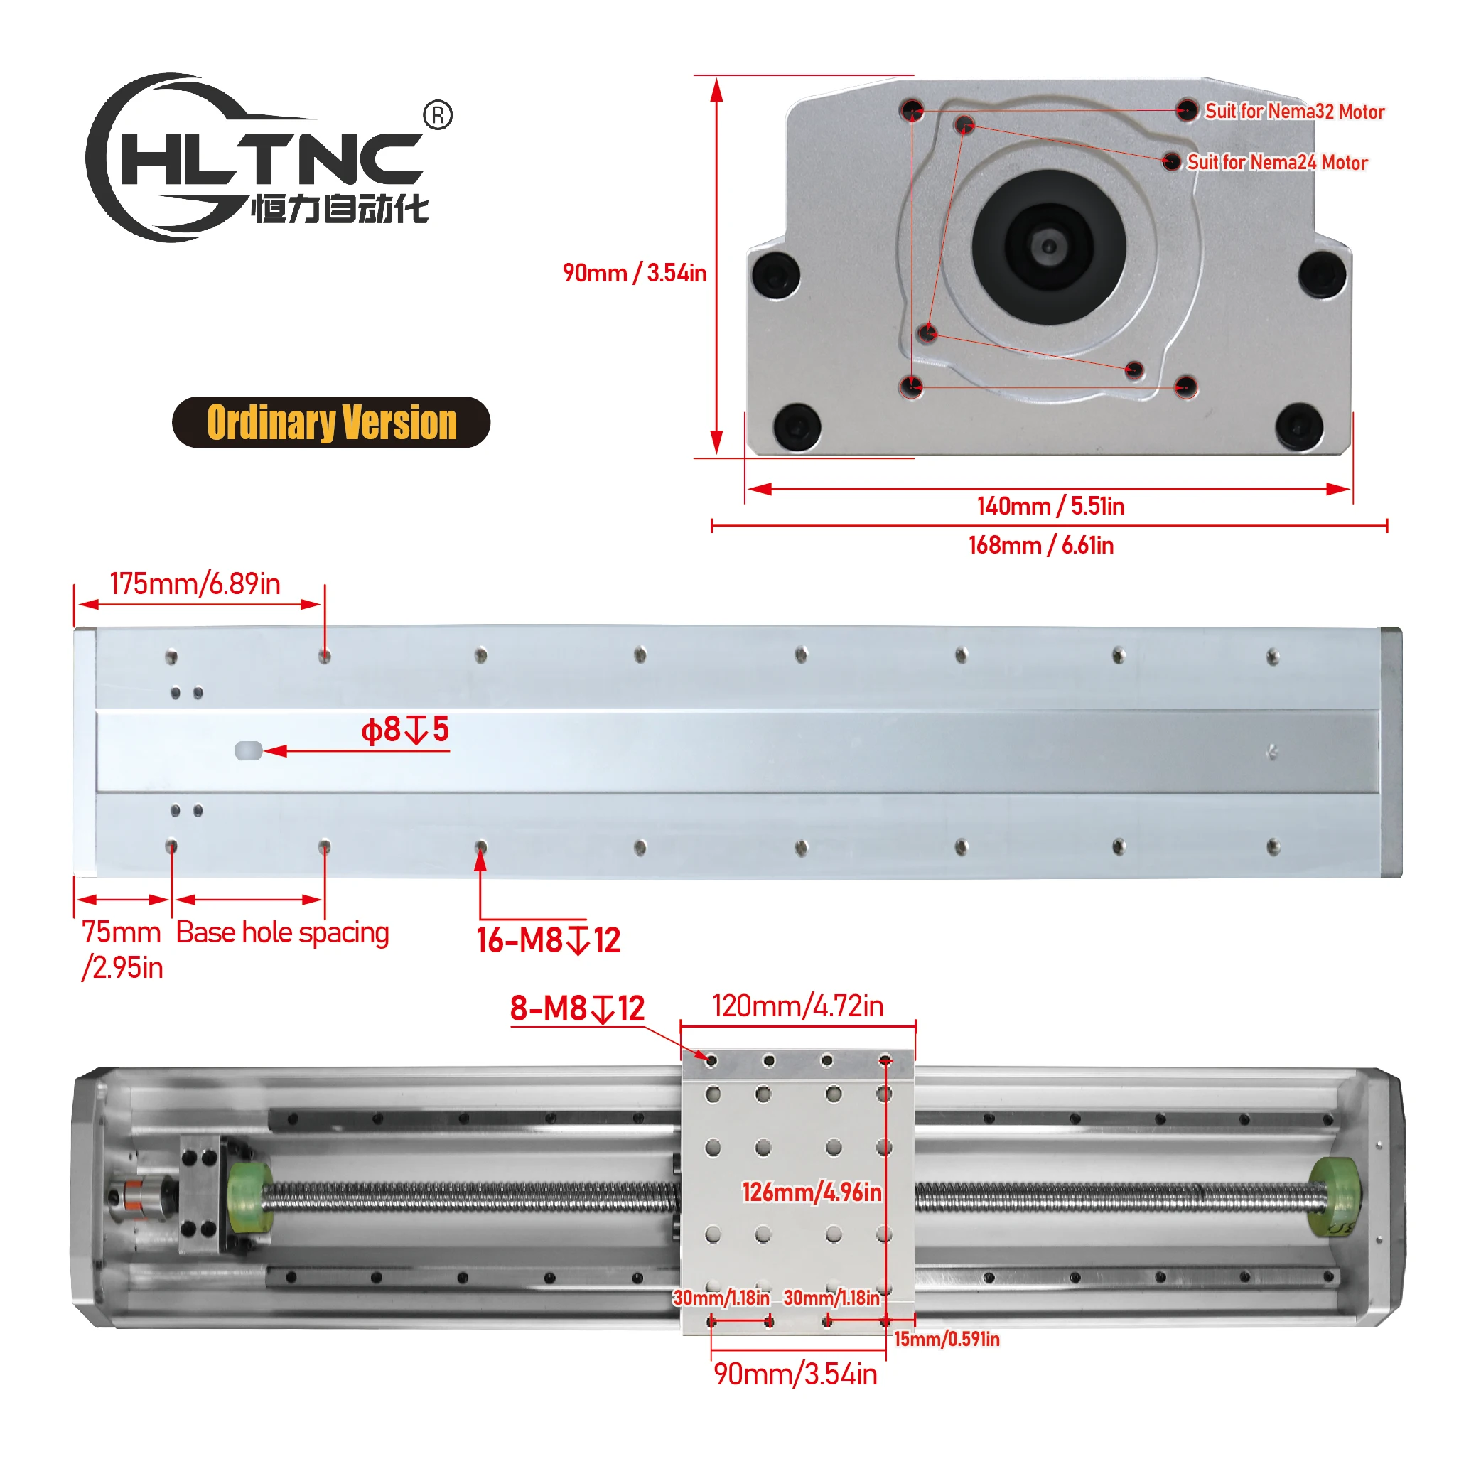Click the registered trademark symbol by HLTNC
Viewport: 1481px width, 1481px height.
(x=438, y=115)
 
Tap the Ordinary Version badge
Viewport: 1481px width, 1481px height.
(x=331, y=422)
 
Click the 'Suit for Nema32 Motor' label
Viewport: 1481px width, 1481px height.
(x=1294, y=112)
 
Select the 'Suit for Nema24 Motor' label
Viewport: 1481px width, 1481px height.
(x=1277, y=163)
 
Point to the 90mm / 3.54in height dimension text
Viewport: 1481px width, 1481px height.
(x=634, y=273)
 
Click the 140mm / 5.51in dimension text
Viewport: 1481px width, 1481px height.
(x=1050, y=506)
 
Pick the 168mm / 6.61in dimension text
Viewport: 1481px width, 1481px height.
(x=1041, y=545)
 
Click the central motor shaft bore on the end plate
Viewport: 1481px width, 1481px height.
(x=1049, y=246)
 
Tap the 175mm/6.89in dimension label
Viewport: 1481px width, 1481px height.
(x=195, y=584)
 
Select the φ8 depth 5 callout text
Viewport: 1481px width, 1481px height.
(x=405, y=730)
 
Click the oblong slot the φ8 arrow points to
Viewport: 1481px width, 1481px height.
(x=248, y=750)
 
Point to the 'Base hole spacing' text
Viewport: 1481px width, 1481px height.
(x=282, y=933)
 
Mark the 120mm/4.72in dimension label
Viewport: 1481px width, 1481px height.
(x=797, y=1006)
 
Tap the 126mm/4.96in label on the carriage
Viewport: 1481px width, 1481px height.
(x=812, y=1192)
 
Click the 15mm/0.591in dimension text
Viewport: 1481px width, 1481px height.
(x=947, y=1339)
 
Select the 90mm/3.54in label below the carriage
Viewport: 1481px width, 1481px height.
(x=795, y=1374)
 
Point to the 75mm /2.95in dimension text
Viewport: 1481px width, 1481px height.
(x=122, y=949)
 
